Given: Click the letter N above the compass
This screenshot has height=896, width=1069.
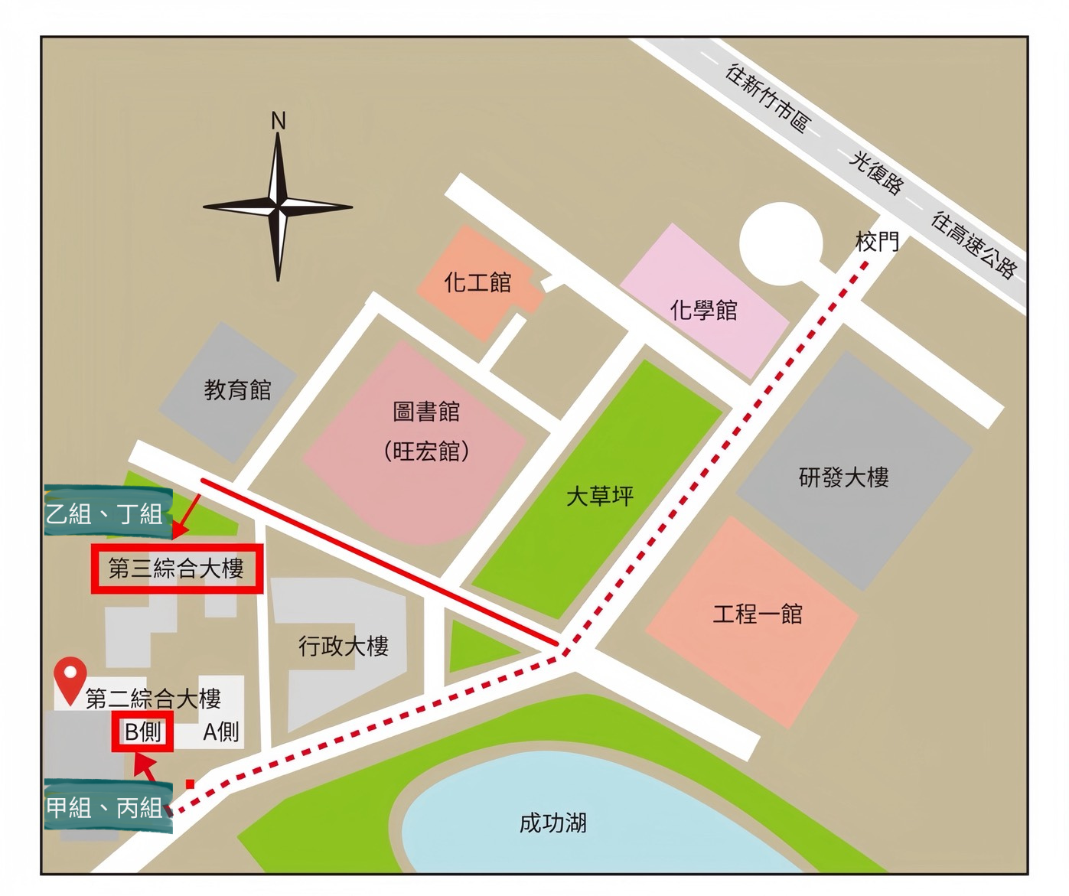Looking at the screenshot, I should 279,121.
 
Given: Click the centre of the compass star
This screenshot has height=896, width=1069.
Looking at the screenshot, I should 278,207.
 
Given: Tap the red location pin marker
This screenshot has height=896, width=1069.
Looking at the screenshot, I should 70,677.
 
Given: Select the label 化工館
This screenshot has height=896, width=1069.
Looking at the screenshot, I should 477,282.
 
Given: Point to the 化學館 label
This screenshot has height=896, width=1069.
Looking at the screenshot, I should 703,310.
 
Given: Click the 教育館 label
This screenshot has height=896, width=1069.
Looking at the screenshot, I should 237,389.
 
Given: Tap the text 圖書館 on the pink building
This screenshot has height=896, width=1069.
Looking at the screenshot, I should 426,412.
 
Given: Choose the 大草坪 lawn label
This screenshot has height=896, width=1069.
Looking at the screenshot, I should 600,496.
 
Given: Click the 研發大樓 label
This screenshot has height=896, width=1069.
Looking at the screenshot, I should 843,477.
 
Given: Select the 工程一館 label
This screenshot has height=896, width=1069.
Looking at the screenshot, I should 758,614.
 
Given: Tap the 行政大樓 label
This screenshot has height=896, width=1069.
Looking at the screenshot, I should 344,647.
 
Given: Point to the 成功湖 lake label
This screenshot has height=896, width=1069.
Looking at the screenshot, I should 552,823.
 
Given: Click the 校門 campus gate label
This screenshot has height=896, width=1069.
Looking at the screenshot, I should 877,242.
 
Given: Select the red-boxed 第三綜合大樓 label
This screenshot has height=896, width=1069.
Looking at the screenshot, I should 177,569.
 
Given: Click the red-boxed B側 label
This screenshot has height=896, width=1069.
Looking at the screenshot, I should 143,731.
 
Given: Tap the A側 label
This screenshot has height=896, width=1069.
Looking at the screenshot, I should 221,732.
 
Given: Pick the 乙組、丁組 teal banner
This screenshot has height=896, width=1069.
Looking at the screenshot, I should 105,513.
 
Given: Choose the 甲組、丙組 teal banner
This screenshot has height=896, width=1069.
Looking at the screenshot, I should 105,807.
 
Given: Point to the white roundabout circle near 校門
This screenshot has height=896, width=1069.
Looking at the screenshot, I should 781,243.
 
